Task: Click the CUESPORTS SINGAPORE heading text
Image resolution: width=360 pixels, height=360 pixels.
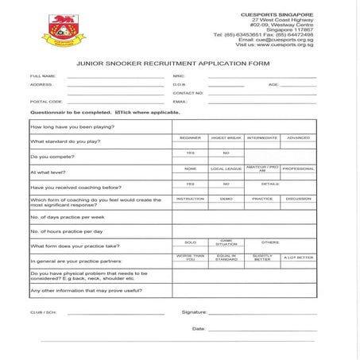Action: (277, 14)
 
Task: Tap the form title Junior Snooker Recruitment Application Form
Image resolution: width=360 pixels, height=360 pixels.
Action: (180, 61)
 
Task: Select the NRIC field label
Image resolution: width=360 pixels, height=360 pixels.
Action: (178, 76)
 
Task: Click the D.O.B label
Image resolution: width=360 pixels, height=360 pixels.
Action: (179, 84)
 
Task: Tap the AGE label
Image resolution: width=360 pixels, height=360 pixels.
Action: (273, 84)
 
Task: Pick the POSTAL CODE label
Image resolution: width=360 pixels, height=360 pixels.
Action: (46, 102)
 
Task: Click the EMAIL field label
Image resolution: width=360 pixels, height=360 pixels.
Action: (180, 102)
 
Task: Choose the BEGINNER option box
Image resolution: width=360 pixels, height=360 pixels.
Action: (190, 138)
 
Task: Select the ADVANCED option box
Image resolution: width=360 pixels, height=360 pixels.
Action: (298, 138)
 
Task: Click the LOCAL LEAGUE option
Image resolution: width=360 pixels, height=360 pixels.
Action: (226, 168)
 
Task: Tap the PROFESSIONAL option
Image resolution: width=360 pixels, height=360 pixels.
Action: (298, 168)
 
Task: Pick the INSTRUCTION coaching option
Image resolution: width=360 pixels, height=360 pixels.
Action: (190, 199)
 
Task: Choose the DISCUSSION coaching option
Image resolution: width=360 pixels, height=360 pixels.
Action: (298, 199)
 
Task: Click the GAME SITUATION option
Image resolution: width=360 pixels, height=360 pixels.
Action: (226, 242)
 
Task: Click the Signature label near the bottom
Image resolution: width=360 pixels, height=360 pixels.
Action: (194, 312)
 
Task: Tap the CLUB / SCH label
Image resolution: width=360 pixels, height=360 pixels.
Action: (44, 312)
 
